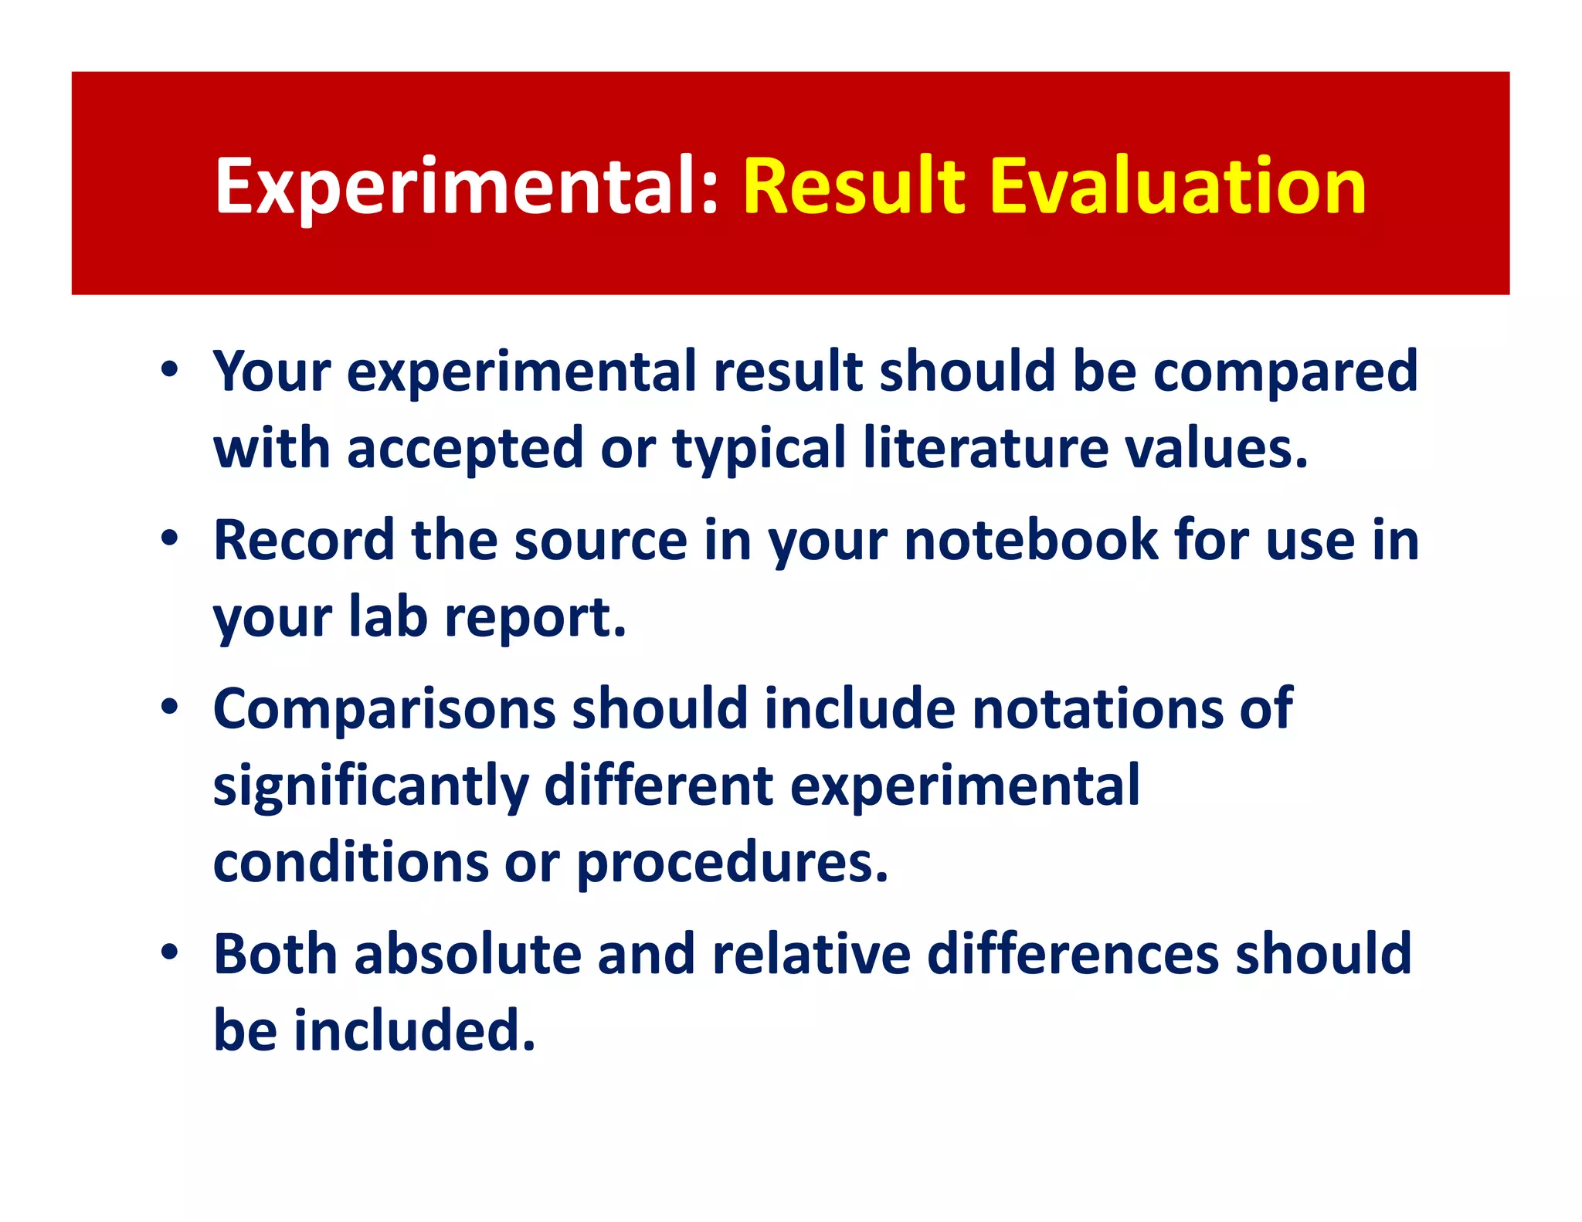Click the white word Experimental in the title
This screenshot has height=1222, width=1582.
pyautogui.click(x=467, y=187)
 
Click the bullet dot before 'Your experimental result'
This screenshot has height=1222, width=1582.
pyautogui.click(x=170, y=370)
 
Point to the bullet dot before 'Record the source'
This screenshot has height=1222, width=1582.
pyautogui.click(x=170, y=539)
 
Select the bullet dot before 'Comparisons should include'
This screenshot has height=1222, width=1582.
pyautogui.click(x=170, y=708)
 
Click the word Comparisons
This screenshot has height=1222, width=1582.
pyautogui.click(x=384, y=709)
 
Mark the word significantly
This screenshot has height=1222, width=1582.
pyautogui.click(x=370, y=786)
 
